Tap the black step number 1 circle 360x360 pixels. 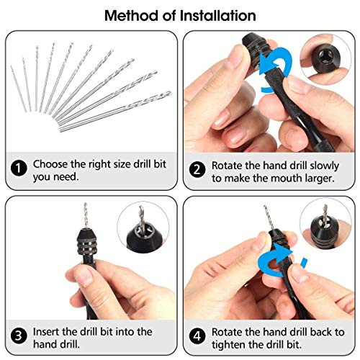(x=19, y=170)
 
